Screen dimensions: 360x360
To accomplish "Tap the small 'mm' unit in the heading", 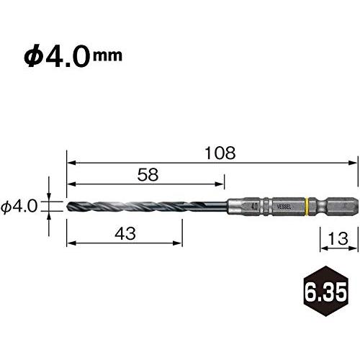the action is [107, 56].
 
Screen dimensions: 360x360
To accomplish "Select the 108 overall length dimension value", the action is [220, 153].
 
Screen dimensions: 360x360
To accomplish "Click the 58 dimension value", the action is [148, 174].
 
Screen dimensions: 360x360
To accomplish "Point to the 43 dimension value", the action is [125, 233].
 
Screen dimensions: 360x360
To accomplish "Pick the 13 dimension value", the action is [338, 238].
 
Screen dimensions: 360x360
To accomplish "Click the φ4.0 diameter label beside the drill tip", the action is [19, 207].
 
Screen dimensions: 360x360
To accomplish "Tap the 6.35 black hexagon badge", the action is [326, 291].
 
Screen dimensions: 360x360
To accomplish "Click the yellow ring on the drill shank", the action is [307, 207].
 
